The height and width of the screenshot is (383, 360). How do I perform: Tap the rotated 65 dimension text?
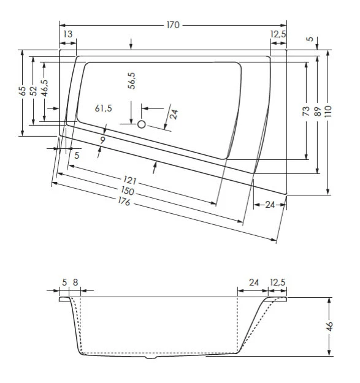23,91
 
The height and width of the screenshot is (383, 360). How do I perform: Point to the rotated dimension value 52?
34,90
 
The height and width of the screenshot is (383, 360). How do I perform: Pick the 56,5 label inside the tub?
132,81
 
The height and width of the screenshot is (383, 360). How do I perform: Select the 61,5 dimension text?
104,108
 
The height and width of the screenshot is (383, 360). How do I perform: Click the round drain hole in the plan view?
142,124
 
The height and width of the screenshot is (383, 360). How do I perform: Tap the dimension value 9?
103,140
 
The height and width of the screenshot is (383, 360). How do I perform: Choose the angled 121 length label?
129,181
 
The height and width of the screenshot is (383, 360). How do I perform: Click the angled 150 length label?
127,192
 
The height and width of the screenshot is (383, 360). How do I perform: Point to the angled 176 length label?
124,203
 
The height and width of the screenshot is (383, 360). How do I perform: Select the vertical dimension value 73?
305,111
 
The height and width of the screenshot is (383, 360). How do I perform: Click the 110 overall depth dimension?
329,112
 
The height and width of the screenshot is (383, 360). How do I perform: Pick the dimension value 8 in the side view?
75,282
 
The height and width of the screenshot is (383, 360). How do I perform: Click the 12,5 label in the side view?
278,282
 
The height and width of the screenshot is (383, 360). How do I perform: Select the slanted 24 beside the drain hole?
174,113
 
